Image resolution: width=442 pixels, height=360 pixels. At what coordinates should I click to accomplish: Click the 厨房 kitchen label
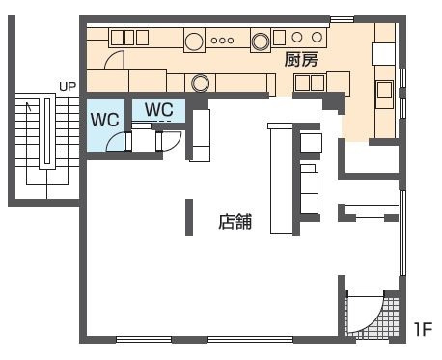pyautogui.click(x=301, y=60)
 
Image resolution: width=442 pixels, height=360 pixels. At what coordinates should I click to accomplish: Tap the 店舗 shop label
pyautogui.click(x=235, y=222)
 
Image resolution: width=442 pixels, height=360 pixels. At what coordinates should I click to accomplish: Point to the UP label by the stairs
pyautogui.click(x=68, y=86)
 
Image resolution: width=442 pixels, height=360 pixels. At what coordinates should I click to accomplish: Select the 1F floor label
pyautogui.click(x=423, y=329)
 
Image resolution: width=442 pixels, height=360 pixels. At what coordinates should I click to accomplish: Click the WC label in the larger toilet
pyautogui.click(x=105, y=120)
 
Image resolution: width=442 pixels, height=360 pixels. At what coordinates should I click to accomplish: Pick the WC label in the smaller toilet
pyautogui.click(x=159, y=109)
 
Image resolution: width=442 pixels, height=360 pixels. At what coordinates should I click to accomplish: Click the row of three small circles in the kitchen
pyautogui.click(x=222, y=41)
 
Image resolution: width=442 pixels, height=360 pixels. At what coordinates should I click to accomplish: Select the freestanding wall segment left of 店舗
pyautogui.click(x=189, y=217)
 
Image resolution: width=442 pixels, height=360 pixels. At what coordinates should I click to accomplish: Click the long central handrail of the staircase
pyautogui.click(x=47, y=131)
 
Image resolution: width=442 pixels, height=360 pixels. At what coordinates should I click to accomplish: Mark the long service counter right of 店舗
pyautogui.click(x=281, y=178)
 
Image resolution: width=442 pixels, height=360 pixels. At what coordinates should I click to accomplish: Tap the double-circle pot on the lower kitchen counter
pyautogui.click(x=200, y=83)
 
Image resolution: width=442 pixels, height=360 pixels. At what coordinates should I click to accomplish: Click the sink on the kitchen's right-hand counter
pyautogui.click(x=385, y=95)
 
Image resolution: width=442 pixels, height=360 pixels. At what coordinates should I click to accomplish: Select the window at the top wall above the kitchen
pyautogui.click(x=343, y=19)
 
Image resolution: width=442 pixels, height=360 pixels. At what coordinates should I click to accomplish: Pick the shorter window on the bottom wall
pyautogui.click(x=144, y=340)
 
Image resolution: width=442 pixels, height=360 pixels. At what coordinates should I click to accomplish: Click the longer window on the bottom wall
pyautogui.click(x=250, y=340)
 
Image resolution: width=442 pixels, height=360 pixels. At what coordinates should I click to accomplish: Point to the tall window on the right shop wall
pyautogui.click(x=402, y=233)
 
